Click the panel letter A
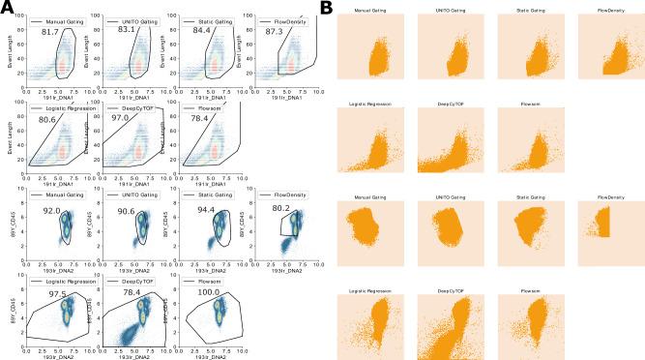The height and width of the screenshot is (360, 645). point(9,8)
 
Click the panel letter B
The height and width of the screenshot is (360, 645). point(327,8)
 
